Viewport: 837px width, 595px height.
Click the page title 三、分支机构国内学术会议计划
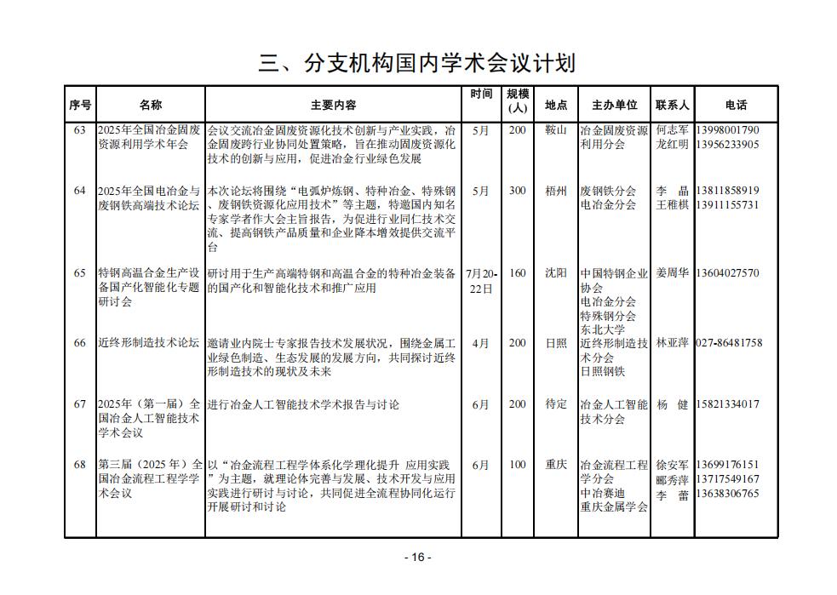coord(417,64)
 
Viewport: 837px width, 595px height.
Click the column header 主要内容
coord(334,105)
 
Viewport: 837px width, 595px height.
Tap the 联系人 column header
coord(673,105)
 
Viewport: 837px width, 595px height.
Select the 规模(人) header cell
coord(518,100)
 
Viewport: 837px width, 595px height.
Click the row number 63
coord(80,130)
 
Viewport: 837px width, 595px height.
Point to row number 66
coord(80,343)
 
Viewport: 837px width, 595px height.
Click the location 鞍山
coord(555,130)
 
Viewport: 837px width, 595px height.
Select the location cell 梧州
coord(555,191)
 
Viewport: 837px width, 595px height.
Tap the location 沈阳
coord(555,273)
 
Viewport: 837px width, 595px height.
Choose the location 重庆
coord(555,465)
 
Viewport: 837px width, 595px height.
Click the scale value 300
coord(517,191)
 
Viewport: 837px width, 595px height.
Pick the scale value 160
coord(517,273)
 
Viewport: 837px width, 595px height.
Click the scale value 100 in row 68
coord(517,465)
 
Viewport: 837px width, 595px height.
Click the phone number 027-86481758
coord(729,343)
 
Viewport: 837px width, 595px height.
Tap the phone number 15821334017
coord(727,404)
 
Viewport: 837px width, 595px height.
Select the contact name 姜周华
coord(673,273)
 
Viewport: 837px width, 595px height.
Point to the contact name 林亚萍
coord(673,343)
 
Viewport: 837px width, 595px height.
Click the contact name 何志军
coord(673,130)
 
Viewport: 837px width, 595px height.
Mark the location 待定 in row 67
coord(555,404)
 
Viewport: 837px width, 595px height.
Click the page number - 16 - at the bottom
coord(417,557)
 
